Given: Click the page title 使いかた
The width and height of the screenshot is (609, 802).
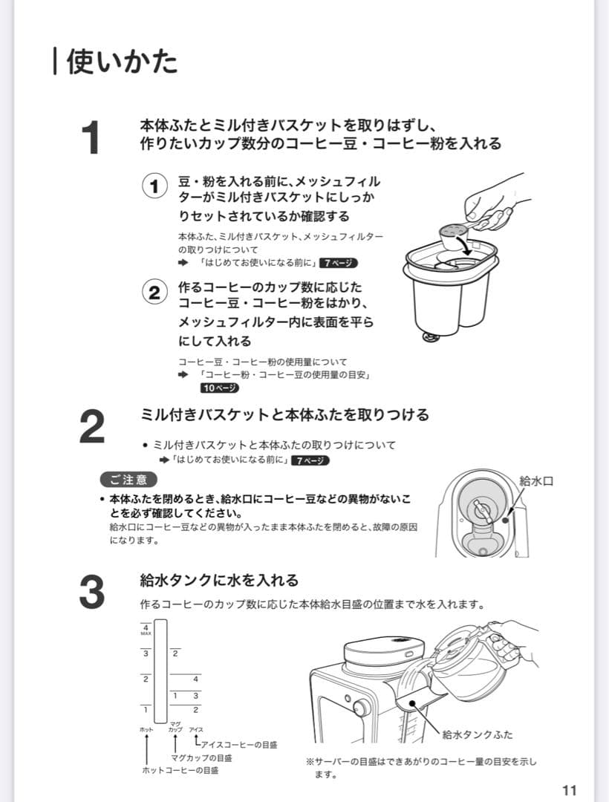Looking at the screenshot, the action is tap(122, 62).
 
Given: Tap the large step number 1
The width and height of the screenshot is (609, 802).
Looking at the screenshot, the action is tap(91, 137).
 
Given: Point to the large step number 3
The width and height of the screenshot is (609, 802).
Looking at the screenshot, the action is tap(92, 593).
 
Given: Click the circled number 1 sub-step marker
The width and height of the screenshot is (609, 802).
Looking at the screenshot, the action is tap(154, 186).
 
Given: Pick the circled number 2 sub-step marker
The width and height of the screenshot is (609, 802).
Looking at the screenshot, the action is tap(154, 293).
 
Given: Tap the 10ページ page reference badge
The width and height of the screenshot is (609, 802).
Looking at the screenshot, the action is tap(220, 388).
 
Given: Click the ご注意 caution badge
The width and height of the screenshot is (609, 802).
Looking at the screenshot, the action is tap(128, 480).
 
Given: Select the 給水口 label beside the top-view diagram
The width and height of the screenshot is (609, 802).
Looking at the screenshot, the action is tap(536, 480).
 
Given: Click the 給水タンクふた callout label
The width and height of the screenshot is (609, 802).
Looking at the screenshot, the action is tap(477, 734).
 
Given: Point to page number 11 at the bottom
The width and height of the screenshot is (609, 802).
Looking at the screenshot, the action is tap(569, 790).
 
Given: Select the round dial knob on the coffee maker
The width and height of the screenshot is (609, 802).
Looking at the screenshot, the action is tap(361, 708).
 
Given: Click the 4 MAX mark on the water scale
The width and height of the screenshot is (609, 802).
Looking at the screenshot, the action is tap(146, 630).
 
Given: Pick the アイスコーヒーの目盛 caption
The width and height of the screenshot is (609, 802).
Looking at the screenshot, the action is tap(239, 745).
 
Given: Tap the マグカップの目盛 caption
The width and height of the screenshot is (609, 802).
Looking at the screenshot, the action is tap(201, 758).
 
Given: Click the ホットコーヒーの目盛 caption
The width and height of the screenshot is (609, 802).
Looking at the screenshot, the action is tap(180, 770).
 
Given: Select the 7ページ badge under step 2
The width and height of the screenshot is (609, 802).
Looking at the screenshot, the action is tap(310, 460).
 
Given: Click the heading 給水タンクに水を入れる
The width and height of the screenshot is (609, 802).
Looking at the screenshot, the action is tap(219, 581).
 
